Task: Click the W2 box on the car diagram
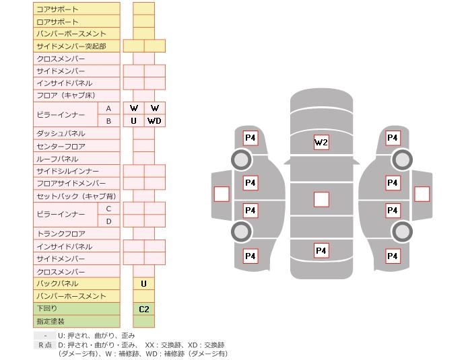pyautogui.click(x=321, y=142)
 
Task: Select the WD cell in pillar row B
pyautogui.click(x=154, y=121)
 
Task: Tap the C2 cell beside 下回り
pyautogui.click(x=144, y=310)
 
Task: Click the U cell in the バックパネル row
pyautogui.click(x=144, y=284)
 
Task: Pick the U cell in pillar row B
pyautogui.click(x=134, y=121)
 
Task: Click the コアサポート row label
pyautogui.click(x=57, y=9)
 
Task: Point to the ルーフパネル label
pyautogui.click(x=57, y=159)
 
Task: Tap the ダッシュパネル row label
pyautogui.click(x=61, y=134)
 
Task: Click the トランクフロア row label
pyautogui.click(x=61, y=233)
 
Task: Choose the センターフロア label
pyautogui.click(x=61, y=147)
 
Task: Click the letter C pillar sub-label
pyautogui.click(x=108, y=209)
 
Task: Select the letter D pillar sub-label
pyautogui.click(x=108, y=221)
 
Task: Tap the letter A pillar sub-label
pyautogui.click(x=108, y=108)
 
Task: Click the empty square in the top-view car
pyautogui.click(x=321, y=199)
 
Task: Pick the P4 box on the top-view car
pyautogui.click(x=321, y=250)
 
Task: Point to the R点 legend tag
pyautogui.click(x=45, y=345)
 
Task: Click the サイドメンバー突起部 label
pyautogui.click(x=71, y=46)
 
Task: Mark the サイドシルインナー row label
pyautogui.click(x=67, y=171)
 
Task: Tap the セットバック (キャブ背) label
pyautogui.click(x=76, y=196)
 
